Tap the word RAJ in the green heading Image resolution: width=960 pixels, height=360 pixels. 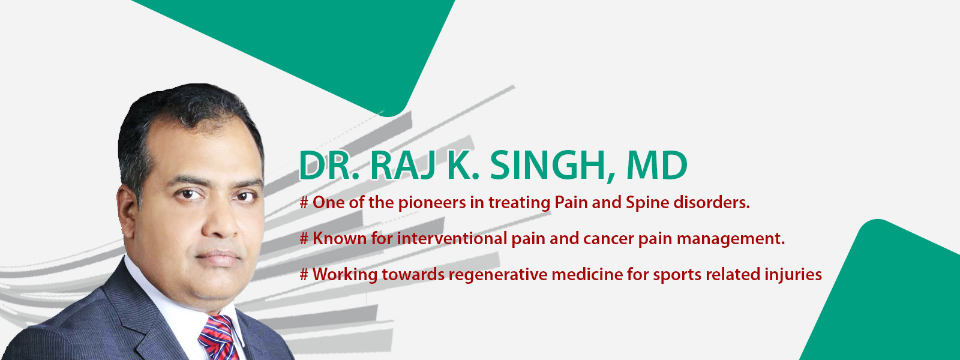404,166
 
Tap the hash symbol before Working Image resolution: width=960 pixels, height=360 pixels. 304,274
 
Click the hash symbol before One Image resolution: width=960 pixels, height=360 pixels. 304,202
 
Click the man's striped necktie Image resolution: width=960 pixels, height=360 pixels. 218,337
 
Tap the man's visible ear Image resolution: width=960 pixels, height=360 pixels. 127,211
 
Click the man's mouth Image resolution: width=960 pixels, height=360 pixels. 218,257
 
